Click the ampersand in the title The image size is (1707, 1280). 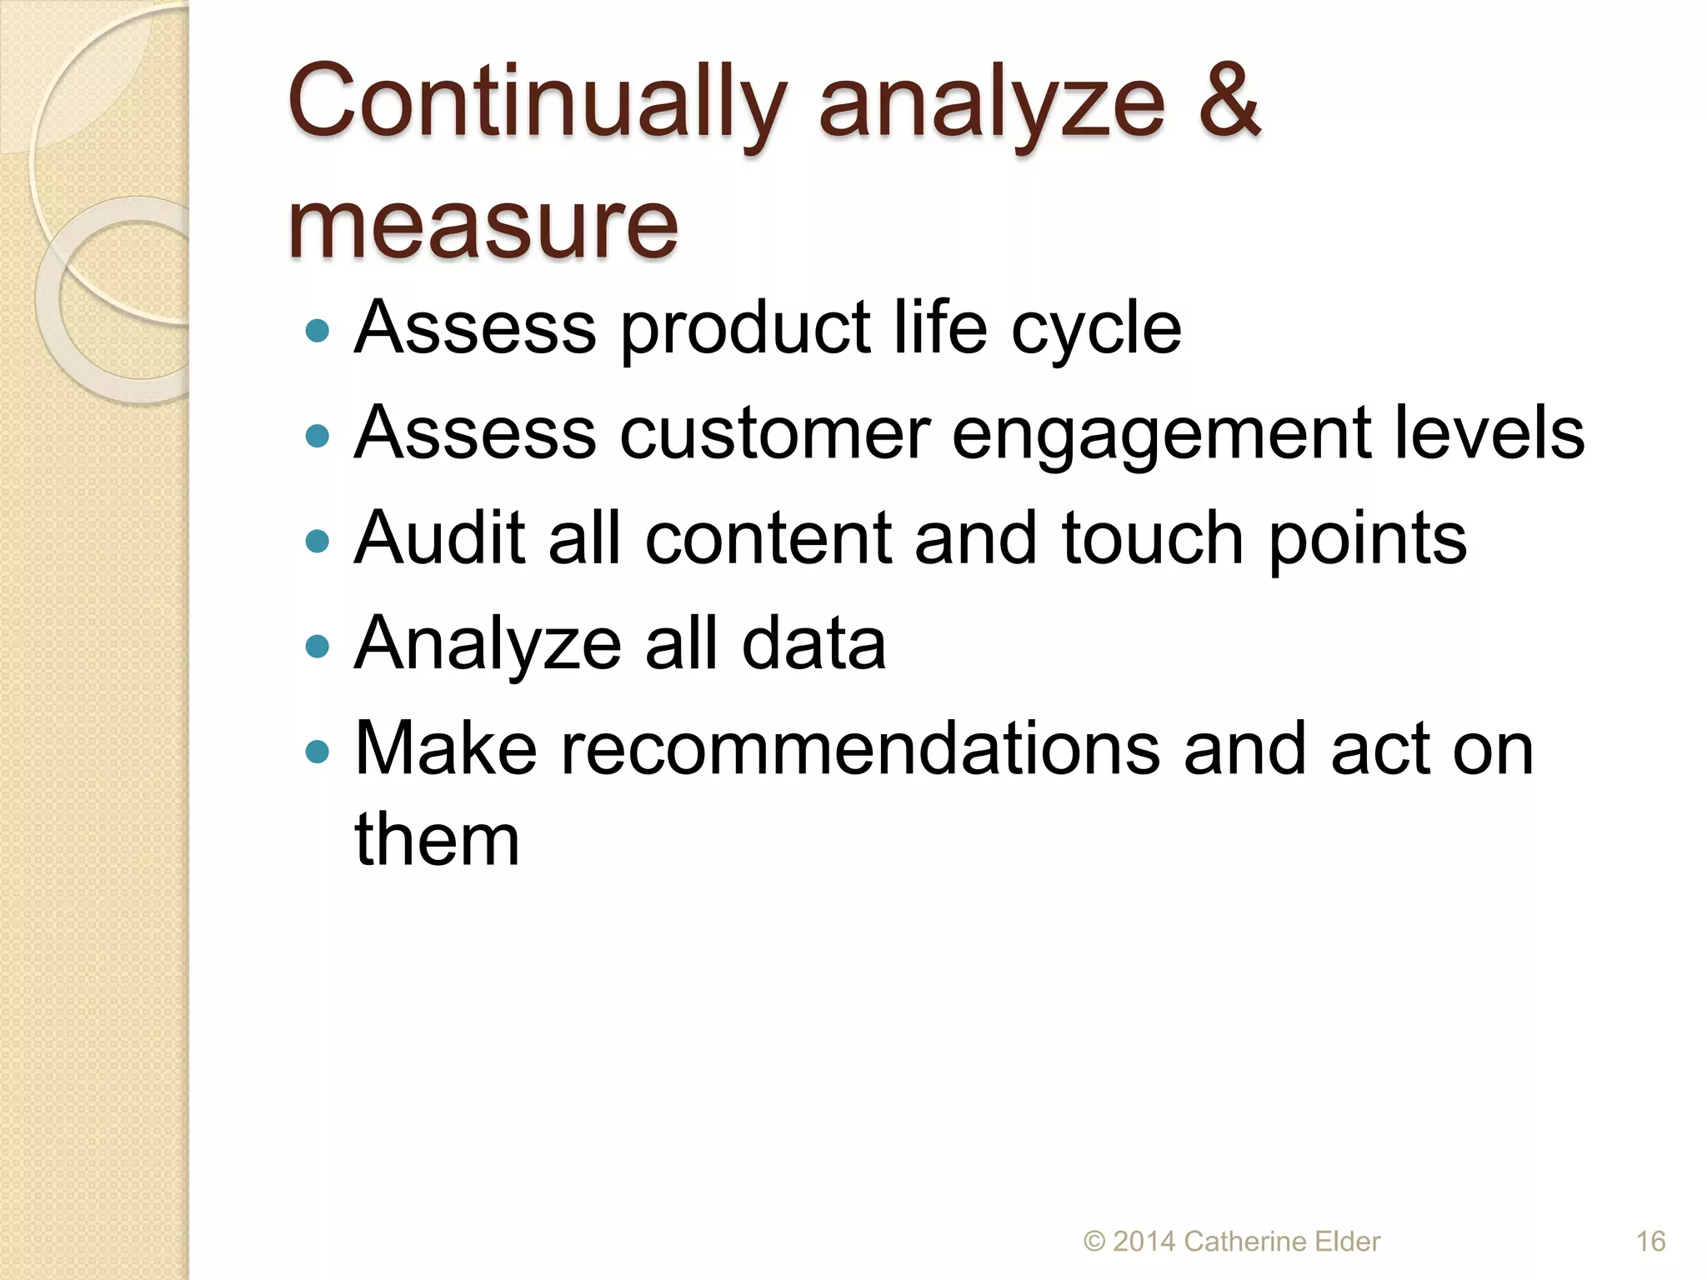[x=1229, y=102]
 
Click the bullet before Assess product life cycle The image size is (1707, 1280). [x=318, y=332]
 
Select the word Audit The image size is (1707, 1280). [x=439, y=537]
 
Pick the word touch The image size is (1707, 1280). [x=1154, y=537]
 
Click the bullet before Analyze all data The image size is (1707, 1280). [x=318, y=647]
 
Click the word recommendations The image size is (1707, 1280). [x=859, y=748]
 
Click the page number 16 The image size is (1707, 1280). [x=1650, y=1242]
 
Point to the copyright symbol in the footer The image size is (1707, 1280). [x=1094, y=1242]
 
